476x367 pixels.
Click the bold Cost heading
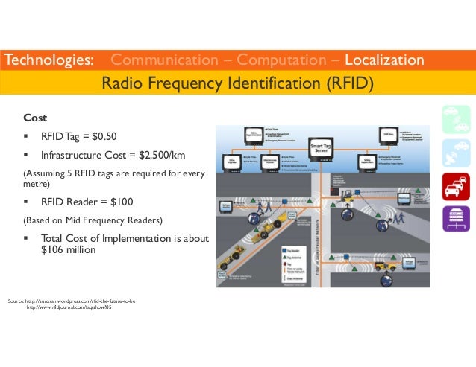[35, 118]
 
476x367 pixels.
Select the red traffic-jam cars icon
[455, 185]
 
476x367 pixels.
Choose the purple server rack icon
[455, 217]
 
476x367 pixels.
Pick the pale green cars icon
[455, 119]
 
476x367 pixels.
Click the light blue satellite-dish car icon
[455, 153]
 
